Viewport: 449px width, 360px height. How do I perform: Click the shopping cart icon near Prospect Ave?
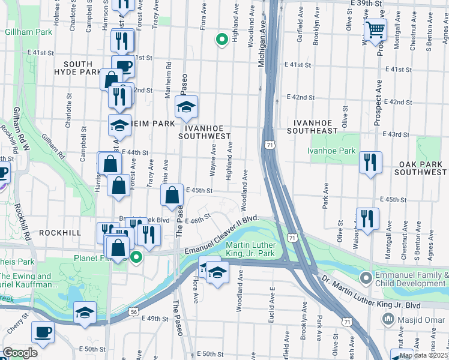375,28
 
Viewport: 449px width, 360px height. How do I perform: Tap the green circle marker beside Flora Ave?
221,40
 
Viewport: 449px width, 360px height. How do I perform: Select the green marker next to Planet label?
136,258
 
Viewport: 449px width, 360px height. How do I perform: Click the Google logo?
20,353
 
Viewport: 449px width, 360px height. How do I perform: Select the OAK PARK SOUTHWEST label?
421,168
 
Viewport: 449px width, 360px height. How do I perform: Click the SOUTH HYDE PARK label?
78,68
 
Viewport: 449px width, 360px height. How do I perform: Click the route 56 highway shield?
133,312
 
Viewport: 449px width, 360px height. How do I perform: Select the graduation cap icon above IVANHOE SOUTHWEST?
186,107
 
